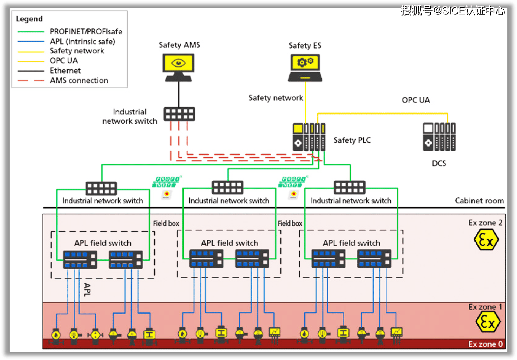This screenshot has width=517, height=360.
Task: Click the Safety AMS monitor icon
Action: (178, 67)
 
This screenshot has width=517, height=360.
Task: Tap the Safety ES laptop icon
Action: (305, 67)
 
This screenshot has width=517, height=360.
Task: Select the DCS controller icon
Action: (439, 137)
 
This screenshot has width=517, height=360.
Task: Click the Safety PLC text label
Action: (352, 140)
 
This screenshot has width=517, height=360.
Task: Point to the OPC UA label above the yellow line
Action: (416, 100)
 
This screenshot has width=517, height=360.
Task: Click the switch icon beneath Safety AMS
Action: (179, 114)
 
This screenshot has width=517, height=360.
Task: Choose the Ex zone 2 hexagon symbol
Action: (486, 240)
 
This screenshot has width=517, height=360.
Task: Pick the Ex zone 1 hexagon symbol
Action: (487, 321)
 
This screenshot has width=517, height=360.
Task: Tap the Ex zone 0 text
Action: (485, 344)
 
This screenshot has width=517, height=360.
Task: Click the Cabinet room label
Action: (479, 201)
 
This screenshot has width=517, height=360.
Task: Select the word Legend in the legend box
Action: (29, 19)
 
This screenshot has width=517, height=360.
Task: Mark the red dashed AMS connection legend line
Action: (31, 81)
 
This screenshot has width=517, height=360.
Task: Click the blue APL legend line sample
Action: (31, 41)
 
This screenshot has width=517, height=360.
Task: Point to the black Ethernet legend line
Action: (31, 71)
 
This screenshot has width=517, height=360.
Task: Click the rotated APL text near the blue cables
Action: (87, 289)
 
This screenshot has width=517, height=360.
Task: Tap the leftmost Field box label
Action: (166, 223)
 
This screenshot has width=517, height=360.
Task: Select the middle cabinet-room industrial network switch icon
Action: (227, 188)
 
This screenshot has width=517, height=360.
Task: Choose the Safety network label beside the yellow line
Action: (276, 98)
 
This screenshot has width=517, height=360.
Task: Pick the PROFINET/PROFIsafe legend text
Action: (86, 32)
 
